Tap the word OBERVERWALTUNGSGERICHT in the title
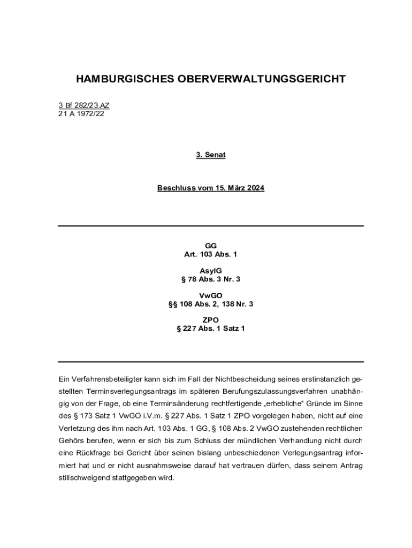(x=259, y=80)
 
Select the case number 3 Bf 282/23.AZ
(x=84, y=105)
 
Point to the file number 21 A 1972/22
(x=81, y=113)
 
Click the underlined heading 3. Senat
(x=210, y=155)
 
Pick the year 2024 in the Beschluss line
(x=254, y=188)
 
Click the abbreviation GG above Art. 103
(x=210, y=246)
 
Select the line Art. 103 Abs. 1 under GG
(x=210, y=254)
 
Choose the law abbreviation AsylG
(x=210, y=271)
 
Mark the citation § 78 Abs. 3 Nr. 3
(x=210, y=279)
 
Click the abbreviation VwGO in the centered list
(x=210, y=295)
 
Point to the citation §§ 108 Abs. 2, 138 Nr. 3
(x=210, y=304)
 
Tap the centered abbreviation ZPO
(x=210, y=320)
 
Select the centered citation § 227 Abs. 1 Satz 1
(x=210, y=329)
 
